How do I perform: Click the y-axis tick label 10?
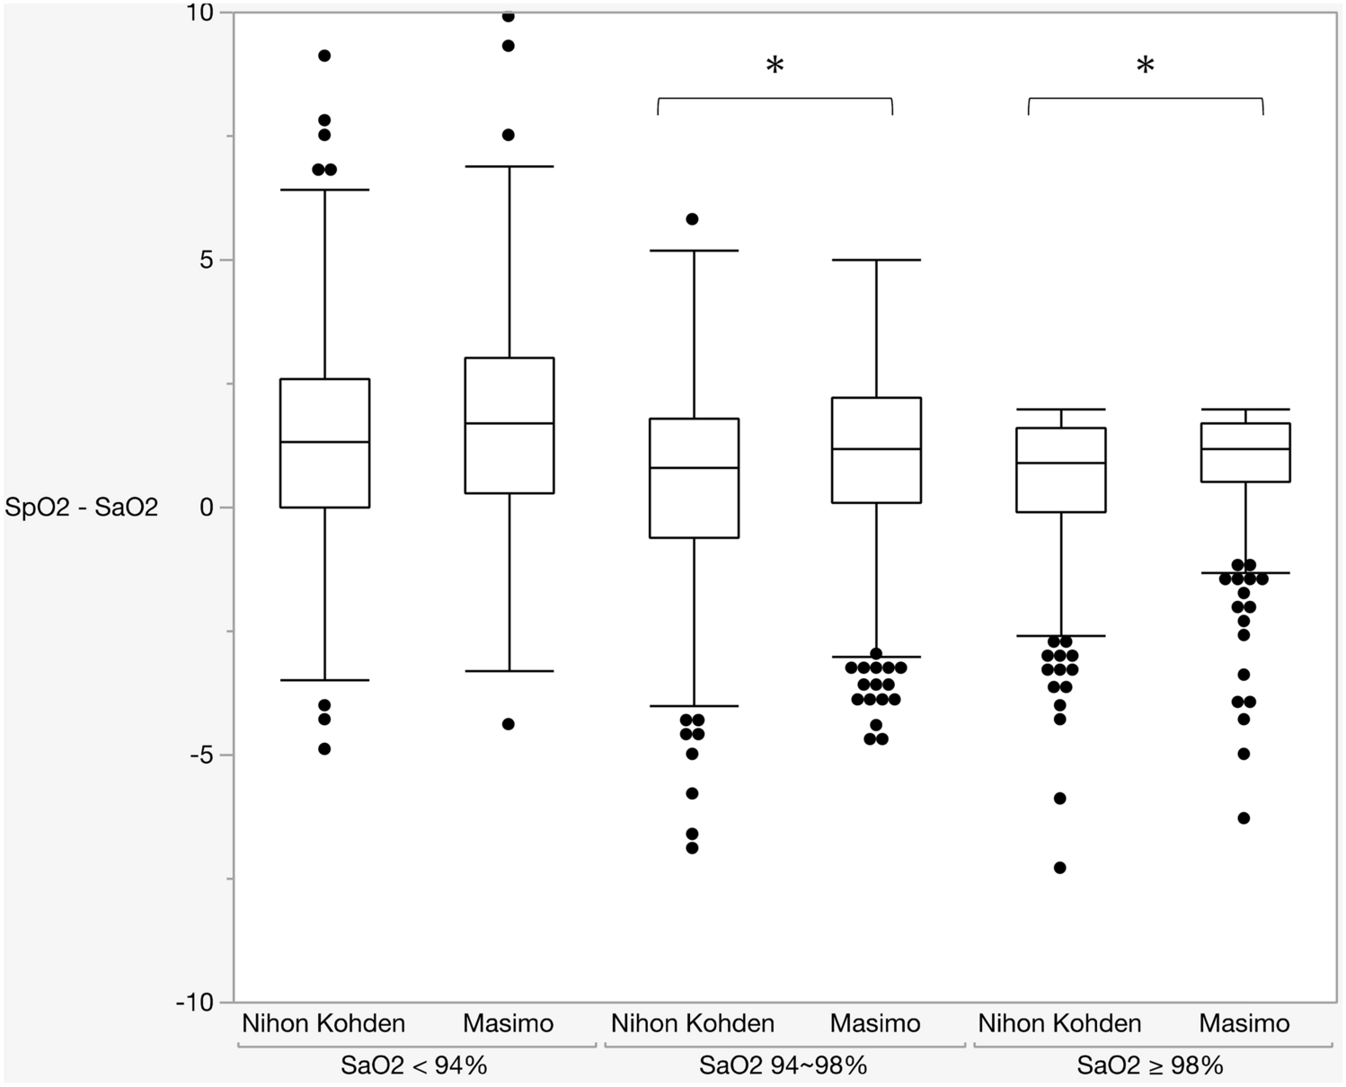[x=202, y=13]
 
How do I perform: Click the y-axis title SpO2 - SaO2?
[x=81, y=508]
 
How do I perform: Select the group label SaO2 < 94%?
[x=413, y=1066]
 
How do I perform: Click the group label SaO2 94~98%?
[x=783, y=1066]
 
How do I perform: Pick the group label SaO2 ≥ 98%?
[x=1150, y=1066]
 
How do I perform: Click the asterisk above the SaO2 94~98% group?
[x=775, y=66]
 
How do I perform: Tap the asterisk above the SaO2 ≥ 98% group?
[x=1145, y=66]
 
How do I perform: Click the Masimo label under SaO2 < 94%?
[x=508, y=1023]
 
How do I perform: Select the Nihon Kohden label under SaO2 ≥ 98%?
[x=1059, y=1023]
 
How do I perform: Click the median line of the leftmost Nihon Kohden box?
[x=324, y=442]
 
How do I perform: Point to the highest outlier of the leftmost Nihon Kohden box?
[x=324, y=56]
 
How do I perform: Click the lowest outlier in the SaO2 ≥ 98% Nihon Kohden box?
[x=1059, y=868]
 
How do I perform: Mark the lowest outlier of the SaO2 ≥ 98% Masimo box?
[x=1244, y=818]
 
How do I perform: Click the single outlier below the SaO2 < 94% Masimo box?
[x=508, y=724]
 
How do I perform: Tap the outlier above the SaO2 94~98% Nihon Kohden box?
[x=692, y=219]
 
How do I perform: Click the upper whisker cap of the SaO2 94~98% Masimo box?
[x=876, y=260]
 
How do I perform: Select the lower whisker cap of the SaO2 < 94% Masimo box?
[x=509, y=671]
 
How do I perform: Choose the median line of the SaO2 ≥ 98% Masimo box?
[x=1244, y=449]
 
